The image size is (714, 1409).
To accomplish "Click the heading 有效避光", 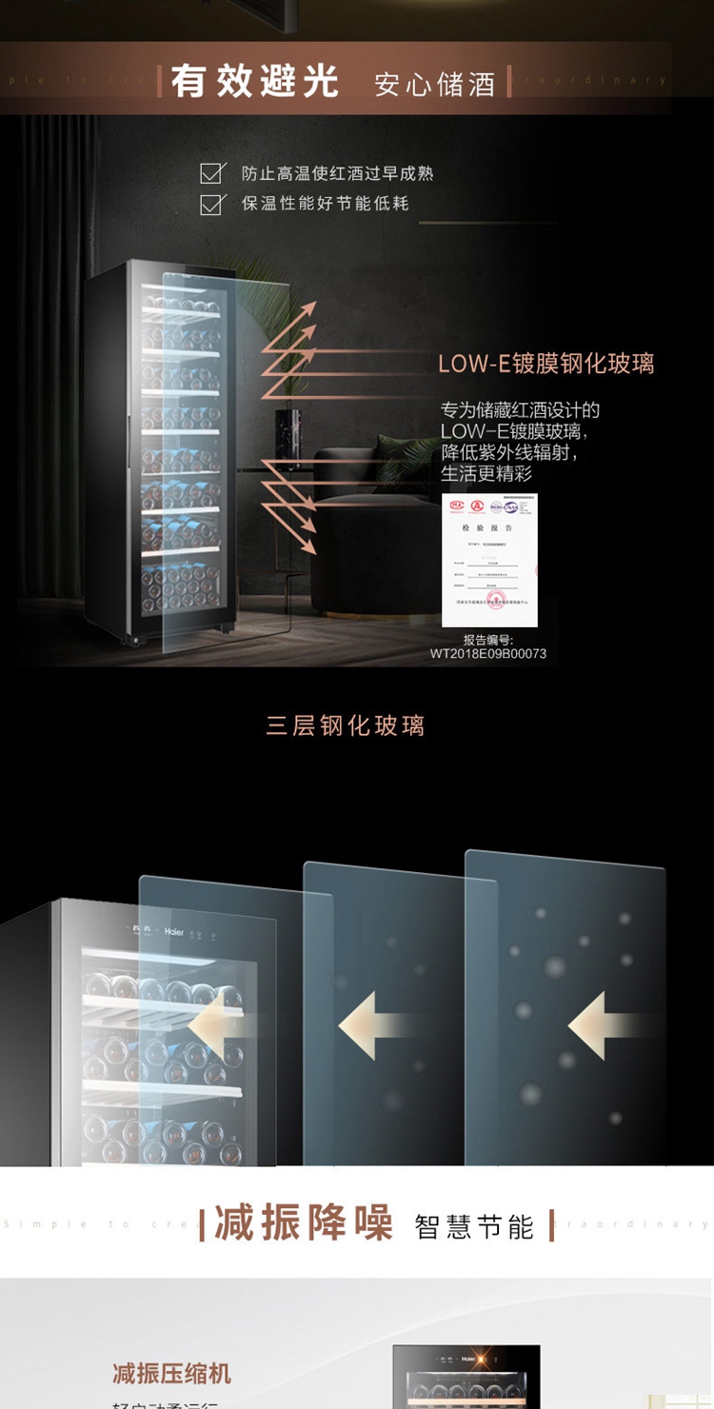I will (x=254, y=81).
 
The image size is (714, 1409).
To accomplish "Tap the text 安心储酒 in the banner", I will (x=434, y=84).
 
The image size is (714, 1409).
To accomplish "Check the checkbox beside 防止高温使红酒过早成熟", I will (x=211, y=173).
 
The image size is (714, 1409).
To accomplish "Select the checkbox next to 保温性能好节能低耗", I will (x=211, y=203).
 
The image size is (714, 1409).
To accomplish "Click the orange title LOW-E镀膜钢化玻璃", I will (x=545, y=364).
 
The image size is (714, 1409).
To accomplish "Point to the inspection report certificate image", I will (x=489, y=560).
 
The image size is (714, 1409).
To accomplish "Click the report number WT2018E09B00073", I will (x=488, y=654).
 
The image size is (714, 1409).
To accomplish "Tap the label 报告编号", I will (x=488, y=640).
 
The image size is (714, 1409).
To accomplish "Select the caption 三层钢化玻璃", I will (x=346, y=725).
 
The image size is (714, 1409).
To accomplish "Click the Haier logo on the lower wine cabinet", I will (x=174, y=934).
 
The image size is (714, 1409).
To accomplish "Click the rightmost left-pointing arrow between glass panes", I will (x=600, y=1026).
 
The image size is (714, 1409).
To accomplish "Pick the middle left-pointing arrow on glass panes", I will (x=371, y=1026).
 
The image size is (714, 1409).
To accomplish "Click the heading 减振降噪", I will (x=304, y=1223).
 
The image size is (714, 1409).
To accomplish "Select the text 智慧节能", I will (x=474, y=1226).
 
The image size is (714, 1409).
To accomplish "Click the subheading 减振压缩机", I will (x=171, y=1373).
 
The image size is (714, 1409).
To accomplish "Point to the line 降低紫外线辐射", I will (x=508, y=452).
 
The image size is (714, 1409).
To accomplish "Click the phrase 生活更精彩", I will (x=486, y=473).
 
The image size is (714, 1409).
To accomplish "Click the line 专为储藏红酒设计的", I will (x=520, y=410).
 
